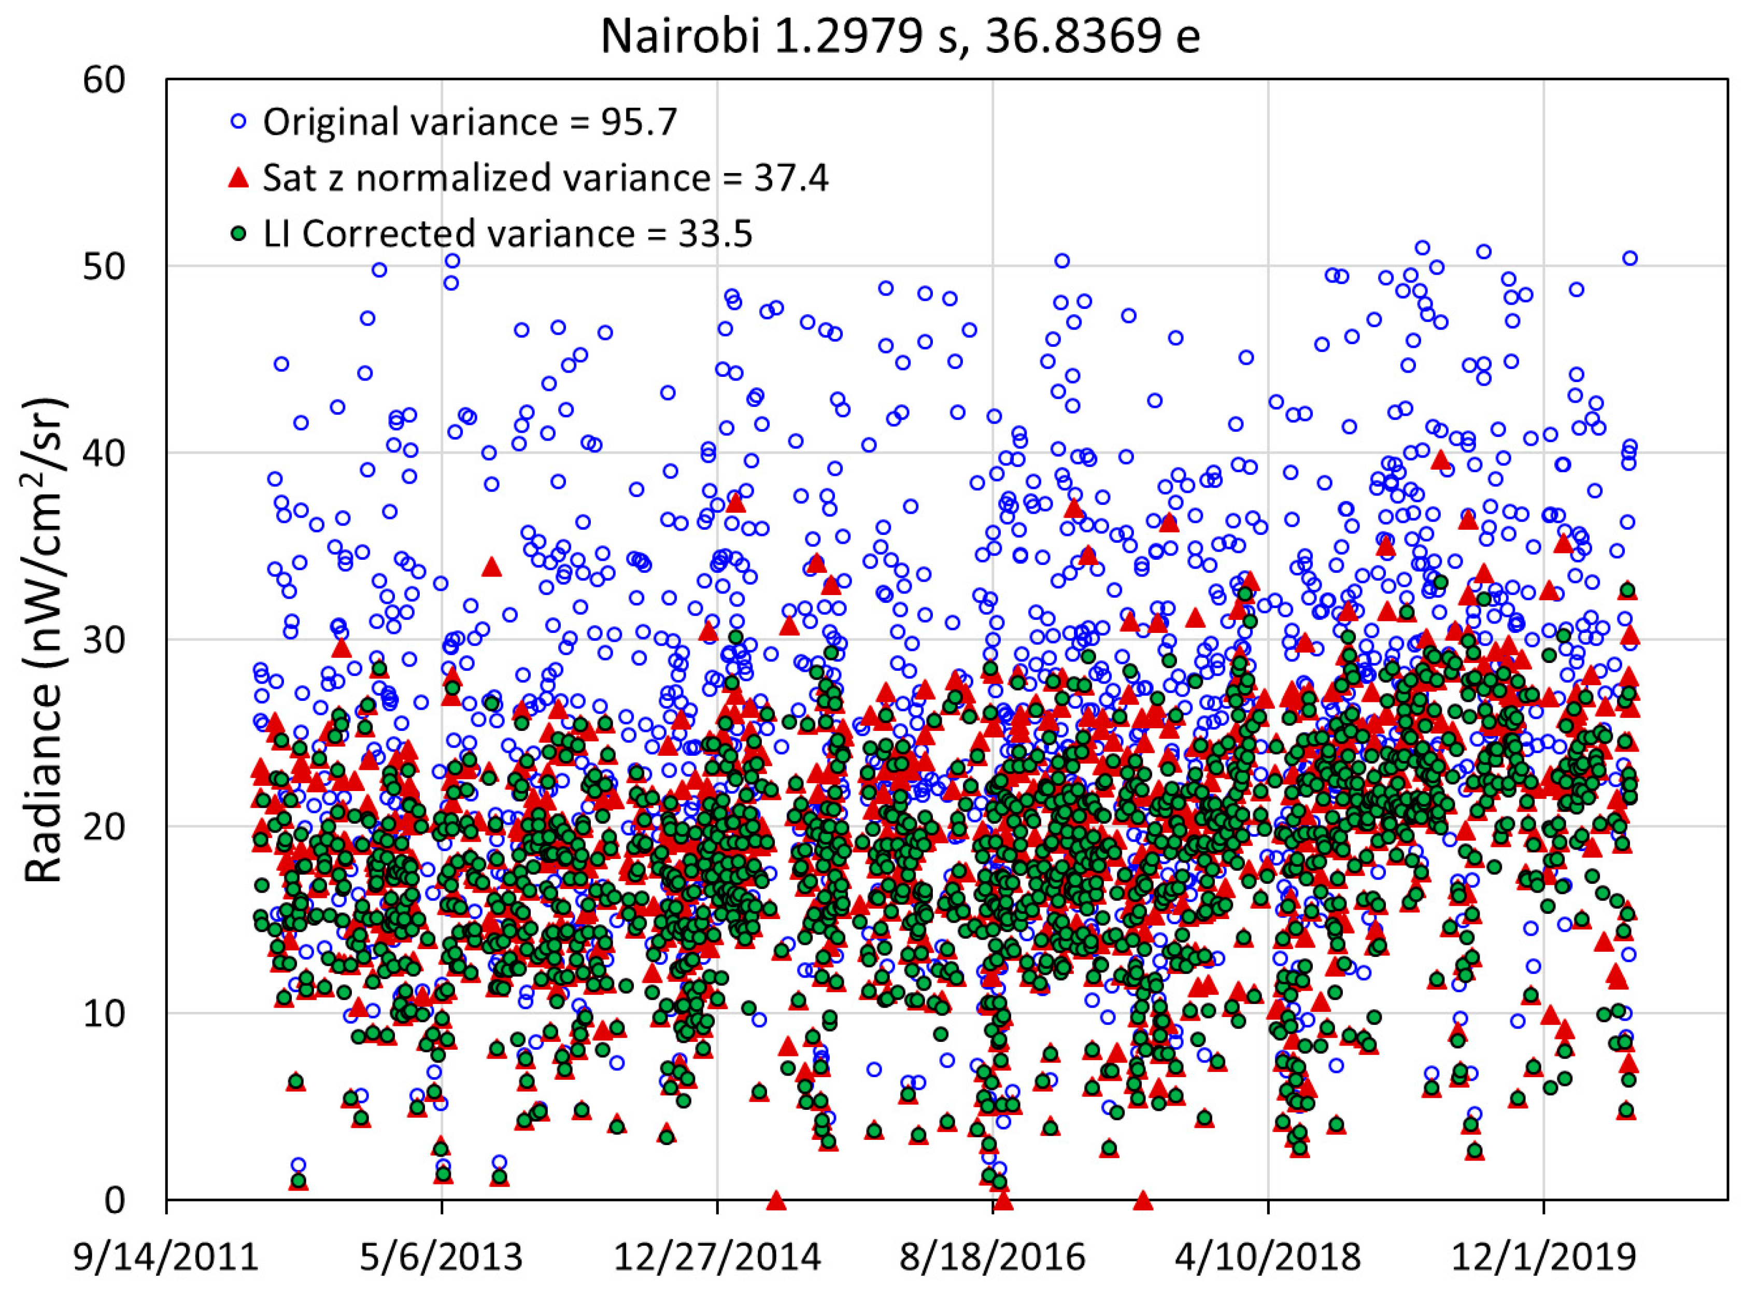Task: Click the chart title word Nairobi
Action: [x=681, y=36]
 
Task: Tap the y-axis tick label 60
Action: [x=105, y=80]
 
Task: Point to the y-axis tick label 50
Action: [x=105, y=266]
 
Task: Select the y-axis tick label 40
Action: [x=105, y=454]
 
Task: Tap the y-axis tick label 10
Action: [x=105, y=1013]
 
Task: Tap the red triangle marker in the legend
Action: [x=239, y=178]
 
